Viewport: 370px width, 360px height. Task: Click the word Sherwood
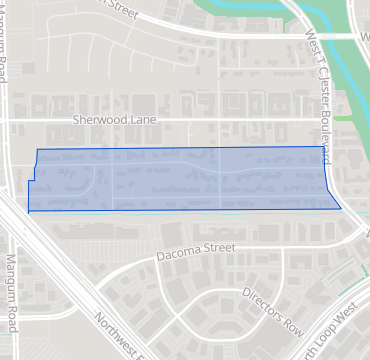98,118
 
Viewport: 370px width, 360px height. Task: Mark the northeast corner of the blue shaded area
326,147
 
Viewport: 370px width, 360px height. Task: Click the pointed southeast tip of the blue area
341,209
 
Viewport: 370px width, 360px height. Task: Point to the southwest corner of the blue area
28,212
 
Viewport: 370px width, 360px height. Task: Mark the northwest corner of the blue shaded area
37,149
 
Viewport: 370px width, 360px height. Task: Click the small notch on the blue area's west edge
32,181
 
